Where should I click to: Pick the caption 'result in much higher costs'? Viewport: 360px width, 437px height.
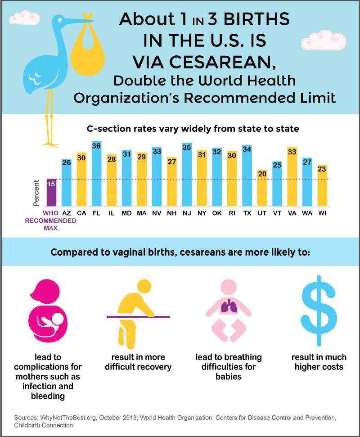tap(319, 362)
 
